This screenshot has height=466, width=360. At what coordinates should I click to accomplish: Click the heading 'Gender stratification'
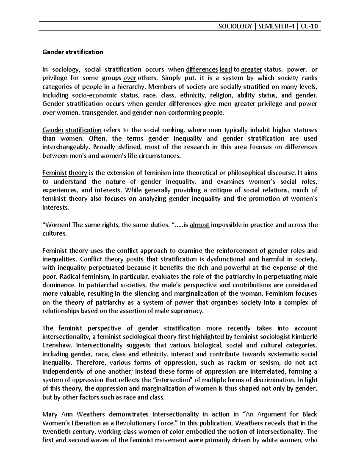[73, 52]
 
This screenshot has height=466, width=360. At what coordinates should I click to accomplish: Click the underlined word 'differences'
[202, 70]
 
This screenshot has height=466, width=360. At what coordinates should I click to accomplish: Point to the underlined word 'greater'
[252, 70]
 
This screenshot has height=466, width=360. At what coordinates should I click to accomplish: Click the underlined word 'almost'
[199, 225]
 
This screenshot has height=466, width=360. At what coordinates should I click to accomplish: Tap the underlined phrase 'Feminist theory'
[65, 173]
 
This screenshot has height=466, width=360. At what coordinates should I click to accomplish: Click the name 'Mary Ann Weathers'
[73, 415]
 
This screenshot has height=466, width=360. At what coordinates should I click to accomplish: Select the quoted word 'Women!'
[56, 225]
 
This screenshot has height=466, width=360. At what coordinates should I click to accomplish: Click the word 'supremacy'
[190, 311]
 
